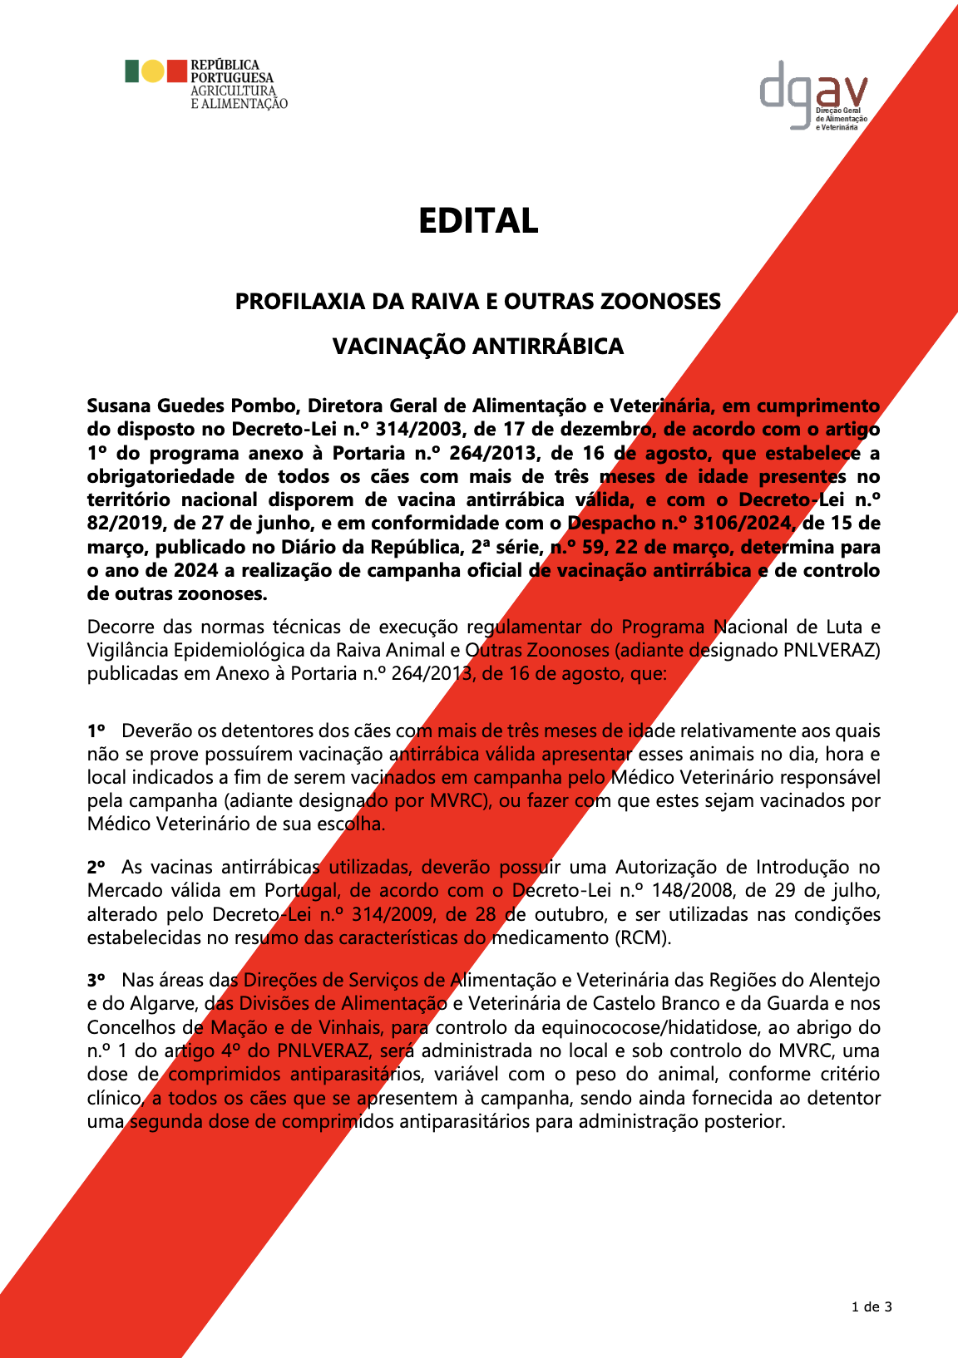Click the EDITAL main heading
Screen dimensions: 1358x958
(x=478, y=221)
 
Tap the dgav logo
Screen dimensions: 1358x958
(x=812, y=93)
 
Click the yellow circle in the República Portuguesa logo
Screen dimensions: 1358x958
(x=153, y=71)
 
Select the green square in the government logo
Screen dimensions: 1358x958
(x=131, y=71)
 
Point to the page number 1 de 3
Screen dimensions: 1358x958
(x=872, y=1306)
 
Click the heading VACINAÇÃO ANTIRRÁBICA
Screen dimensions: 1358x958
(x=478, y=347)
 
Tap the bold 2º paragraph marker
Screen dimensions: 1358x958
(x=96, y=868)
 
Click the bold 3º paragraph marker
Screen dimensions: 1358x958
(x=96, y=981)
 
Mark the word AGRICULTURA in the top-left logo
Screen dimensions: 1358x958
(x=233, y=91)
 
